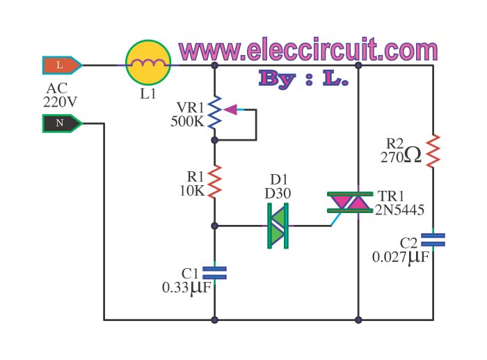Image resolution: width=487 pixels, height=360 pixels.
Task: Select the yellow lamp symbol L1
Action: [x=147, y=65]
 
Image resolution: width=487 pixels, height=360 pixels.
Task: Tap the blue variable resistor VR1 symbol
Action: [x=215, y=109]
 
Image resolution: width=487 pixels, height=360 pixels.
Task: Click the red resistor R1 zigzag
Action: [x=215, y=182]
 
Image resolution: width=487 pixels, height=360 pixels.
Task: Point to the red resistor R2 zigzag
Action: [x=433, y=150]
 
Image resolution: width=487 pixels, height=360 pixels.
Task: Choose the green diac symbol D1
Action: [x=278, y=226]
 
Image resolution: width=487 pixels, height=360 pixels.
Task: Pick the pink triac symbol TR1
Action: [x=349, y=203]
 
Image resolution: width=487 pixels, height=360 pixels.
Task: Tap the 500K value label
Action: [x=187, y=121]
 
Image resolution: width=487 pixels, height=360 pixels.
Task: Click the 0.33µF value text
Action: [x=184, y=285]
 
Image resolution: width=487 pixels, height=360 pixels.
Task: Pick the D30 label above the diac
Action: [x=277, y=192]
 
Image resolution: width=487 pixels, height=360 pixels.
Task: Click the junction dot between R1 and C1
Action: [x=215, y=226]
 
